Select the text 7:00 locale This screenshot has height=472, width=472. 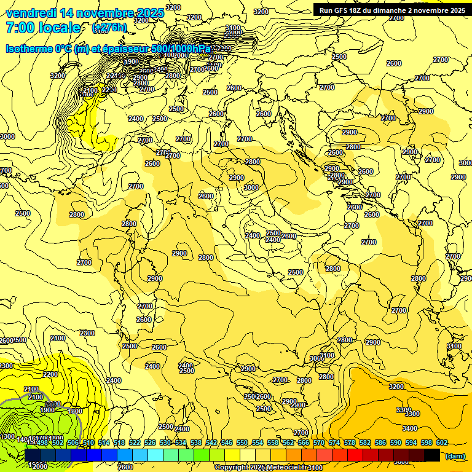pos(43,28)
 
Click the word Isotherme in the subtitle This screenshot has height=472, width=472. pos(30,49)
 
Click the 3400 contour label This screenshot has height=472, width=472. pos(410,428)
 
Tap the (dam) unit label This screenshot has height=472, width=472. pos(455,456)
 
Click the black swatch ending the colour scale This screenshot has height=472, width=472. pos(433,455)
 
